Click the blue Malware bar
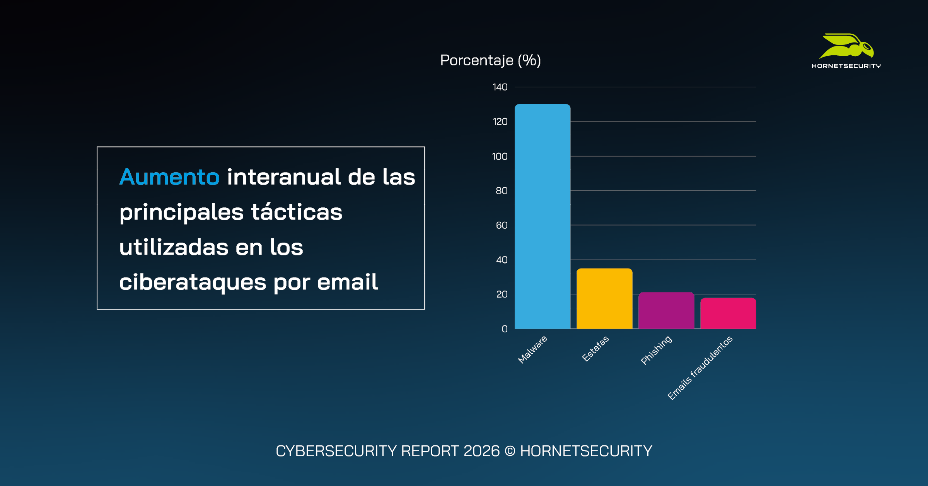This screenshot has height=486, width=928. click(542, 217)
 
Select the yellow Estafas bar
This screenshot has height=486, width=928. click(604, 299)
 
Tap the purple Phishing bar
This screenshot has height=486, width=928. click(666, 311)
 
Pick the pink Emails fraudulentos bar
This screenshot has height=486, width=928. click(728, 313)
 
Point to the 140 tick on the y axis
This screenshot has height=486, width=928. click(500, 87)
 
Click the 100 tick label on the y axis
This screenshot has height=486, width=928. click(499, 156)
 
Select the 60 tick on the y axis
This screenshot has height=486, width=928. click(501, 225)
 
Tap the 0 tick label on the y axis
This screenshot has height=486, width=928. click(504, 329)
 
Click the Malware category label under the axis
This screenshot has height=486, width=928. click(532, 349)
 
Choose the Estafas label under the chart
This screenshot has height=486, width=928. click(595, 349)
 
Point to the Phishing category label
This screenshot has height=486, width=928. click(656, 350)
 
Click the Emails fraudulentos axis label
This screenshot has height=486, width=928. click(700, 368)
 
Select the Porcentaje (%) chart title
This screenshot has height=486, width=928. click(490, 60)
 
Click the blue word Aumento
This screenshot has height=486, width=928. click(169, 177)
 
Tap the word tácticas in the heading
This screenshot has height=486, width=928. click(297, 212)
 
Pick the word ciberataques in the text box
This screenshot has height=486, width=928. click(193, 282)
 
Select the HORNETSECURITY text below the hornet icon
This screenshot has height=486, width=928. click(846, 66)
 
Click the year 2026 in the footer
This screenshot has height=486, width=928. click(481, 451)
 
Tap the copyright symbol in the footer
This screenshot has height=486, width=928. click(510, 451)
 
